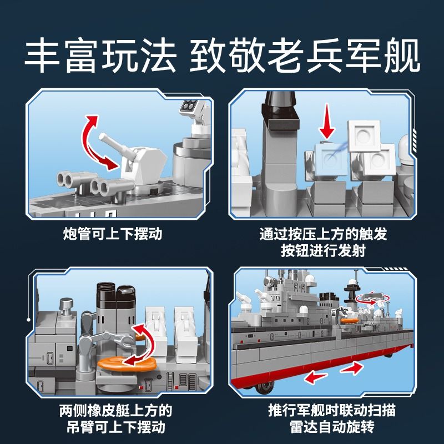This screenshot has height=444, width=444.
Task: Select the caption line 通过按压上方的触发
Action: click(323, 234)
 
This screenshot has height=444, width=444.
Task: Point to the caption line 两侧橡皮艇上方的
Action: click(115, 411)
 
